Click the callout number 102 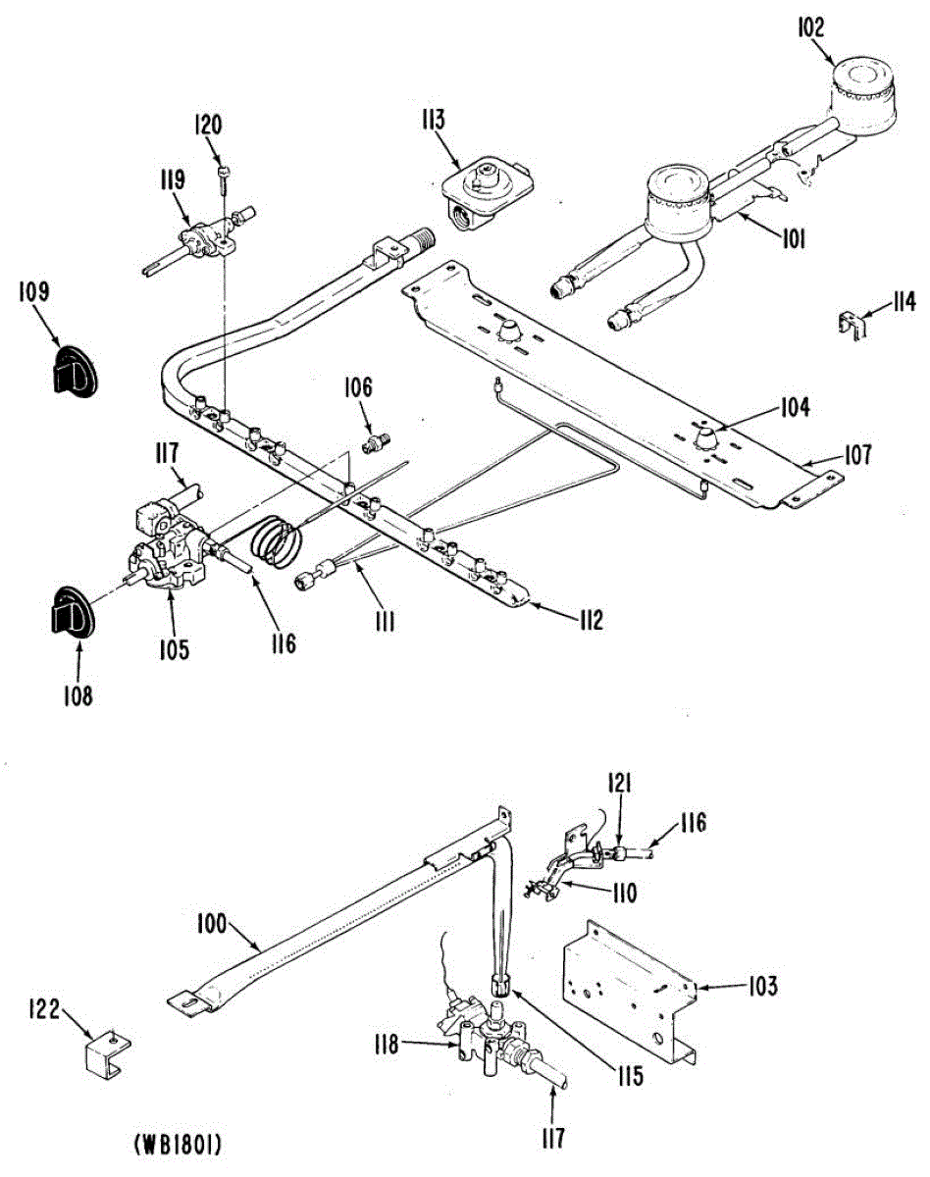point(811,27)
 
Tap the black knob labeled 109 point(70,369)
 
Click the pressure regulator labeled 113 point(483,191)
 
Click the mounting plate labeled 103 point(628,991)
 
